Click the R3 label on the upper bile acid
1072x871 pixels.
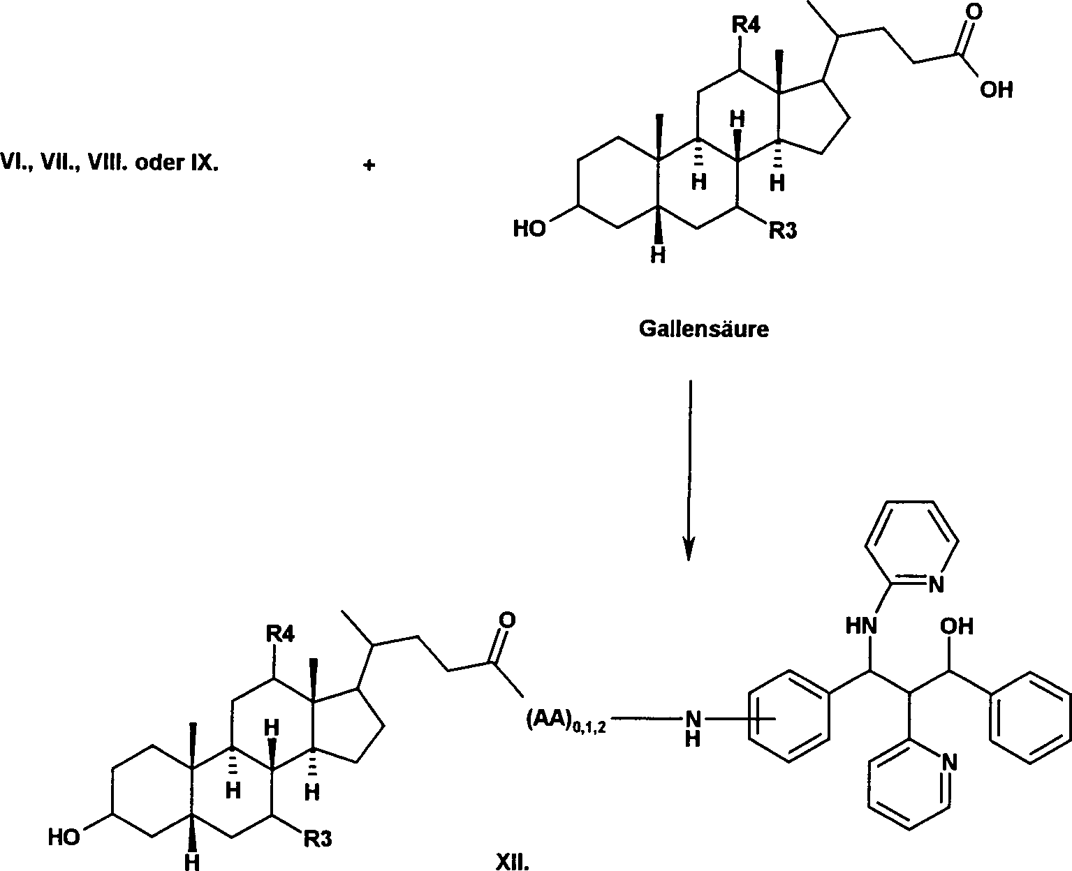tap(782, 230)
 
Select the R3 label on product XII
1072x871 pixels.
tap(316, 838)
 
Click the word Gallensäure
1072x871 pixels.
tap(703, 329)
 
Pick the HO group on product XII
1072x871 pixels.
tap(64, 836)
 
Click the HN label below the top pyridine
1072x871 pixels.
tap(861, 626)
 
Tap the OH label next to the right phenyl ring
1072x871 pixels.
tap(957, 627)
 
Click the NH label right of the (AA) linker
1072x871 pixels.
tap(692, 726)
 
